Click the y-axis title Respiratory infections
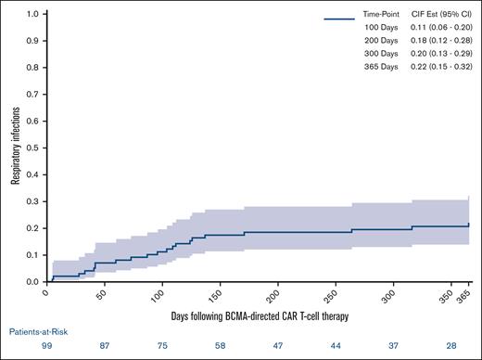point(17,148)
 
